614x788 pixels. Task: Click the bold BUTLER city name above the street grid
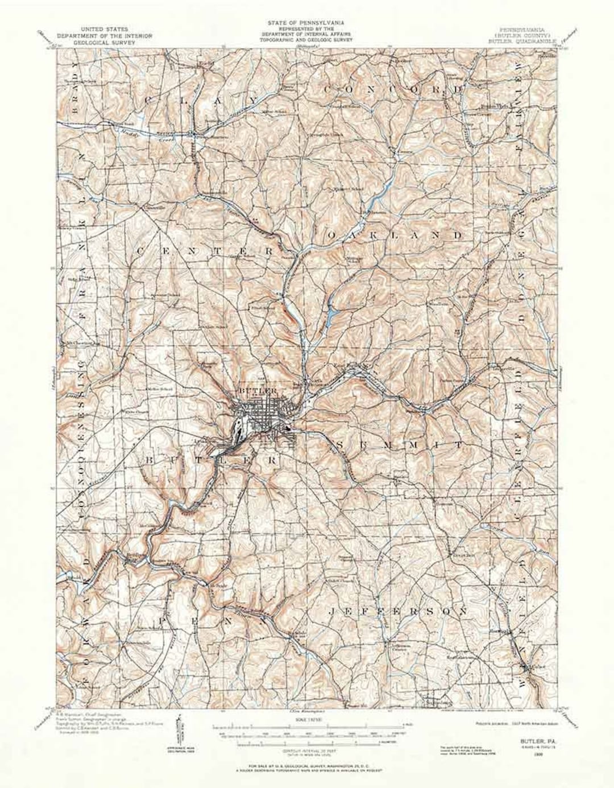click(x=258, y=391)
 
